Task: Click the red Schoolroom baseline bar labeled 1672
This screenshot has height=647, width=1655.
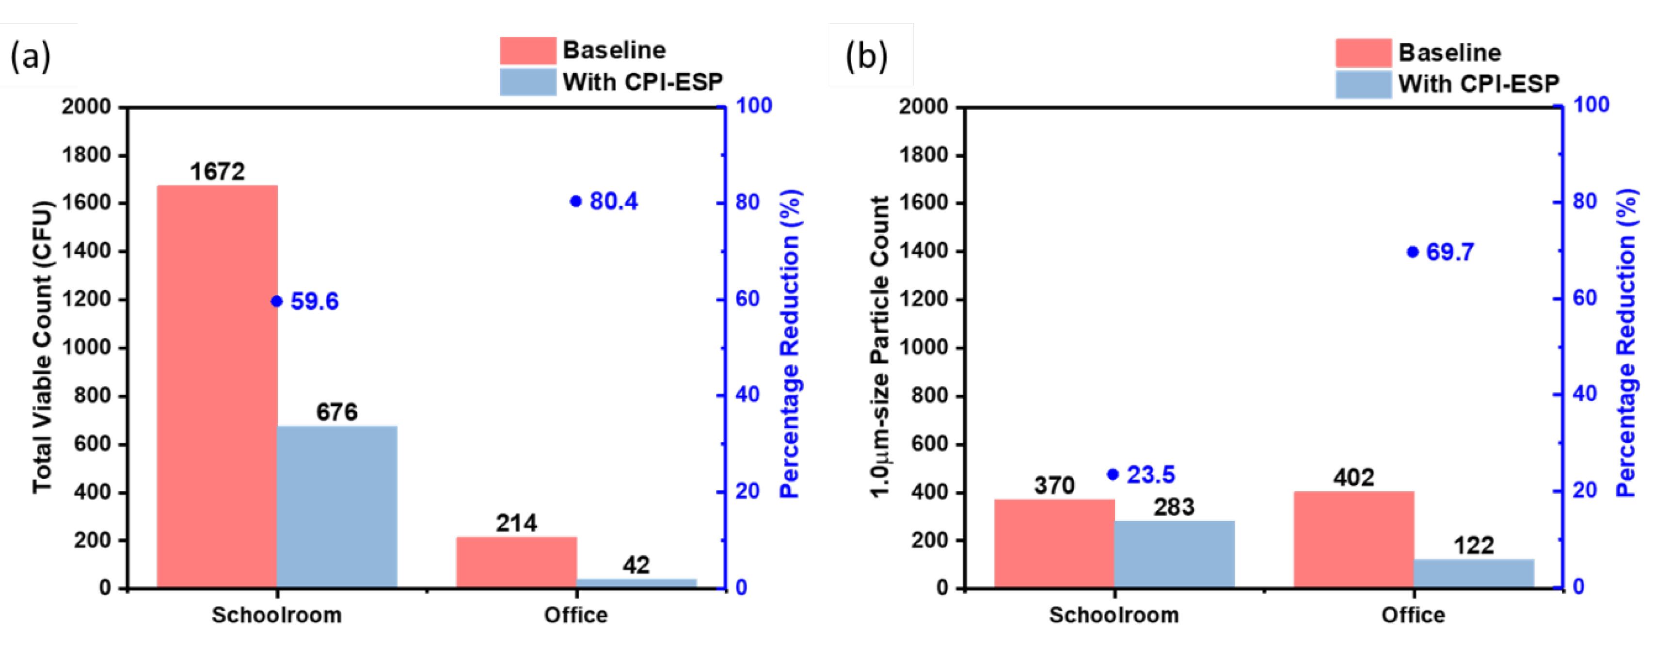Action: pos(217,386)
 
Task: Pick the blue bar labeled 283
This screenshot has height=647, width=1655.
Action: pos(1174,554)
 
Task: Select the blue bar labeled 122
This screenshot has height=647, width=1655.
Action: pos(1474,573)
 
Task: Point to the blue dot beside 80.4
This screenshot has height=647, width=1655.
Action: pos(575,202)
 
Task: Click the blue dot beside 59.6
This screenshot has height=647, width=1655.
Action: pos(277,301)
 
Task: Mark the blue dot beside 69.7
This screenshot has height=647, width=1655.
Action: pos(1413,252)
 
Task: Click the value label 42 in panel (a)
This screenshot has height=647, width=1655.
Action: pos(636,566)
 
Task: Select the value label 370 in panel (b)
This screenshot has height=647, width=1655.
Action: pos(1054,485)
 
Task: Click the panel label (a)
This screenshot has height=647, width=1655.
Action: pos(30,57)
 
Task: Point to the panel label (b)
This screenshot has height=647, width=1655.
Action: pos(866,57)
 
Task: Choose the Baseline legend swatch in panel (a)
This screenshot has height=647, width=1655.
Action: pos(527,50)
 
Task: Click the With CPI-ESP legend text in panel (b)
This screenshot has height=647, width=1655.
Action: pos(1479,83)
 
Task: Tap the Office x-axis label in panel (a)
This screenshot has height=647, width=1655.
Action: pos(575,615)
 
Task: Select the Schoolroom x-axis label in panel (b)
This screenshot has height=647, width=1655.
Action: pos(1114,615)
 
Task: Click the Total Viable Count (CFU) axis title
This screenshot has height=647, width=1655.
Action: pos(42,347)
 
